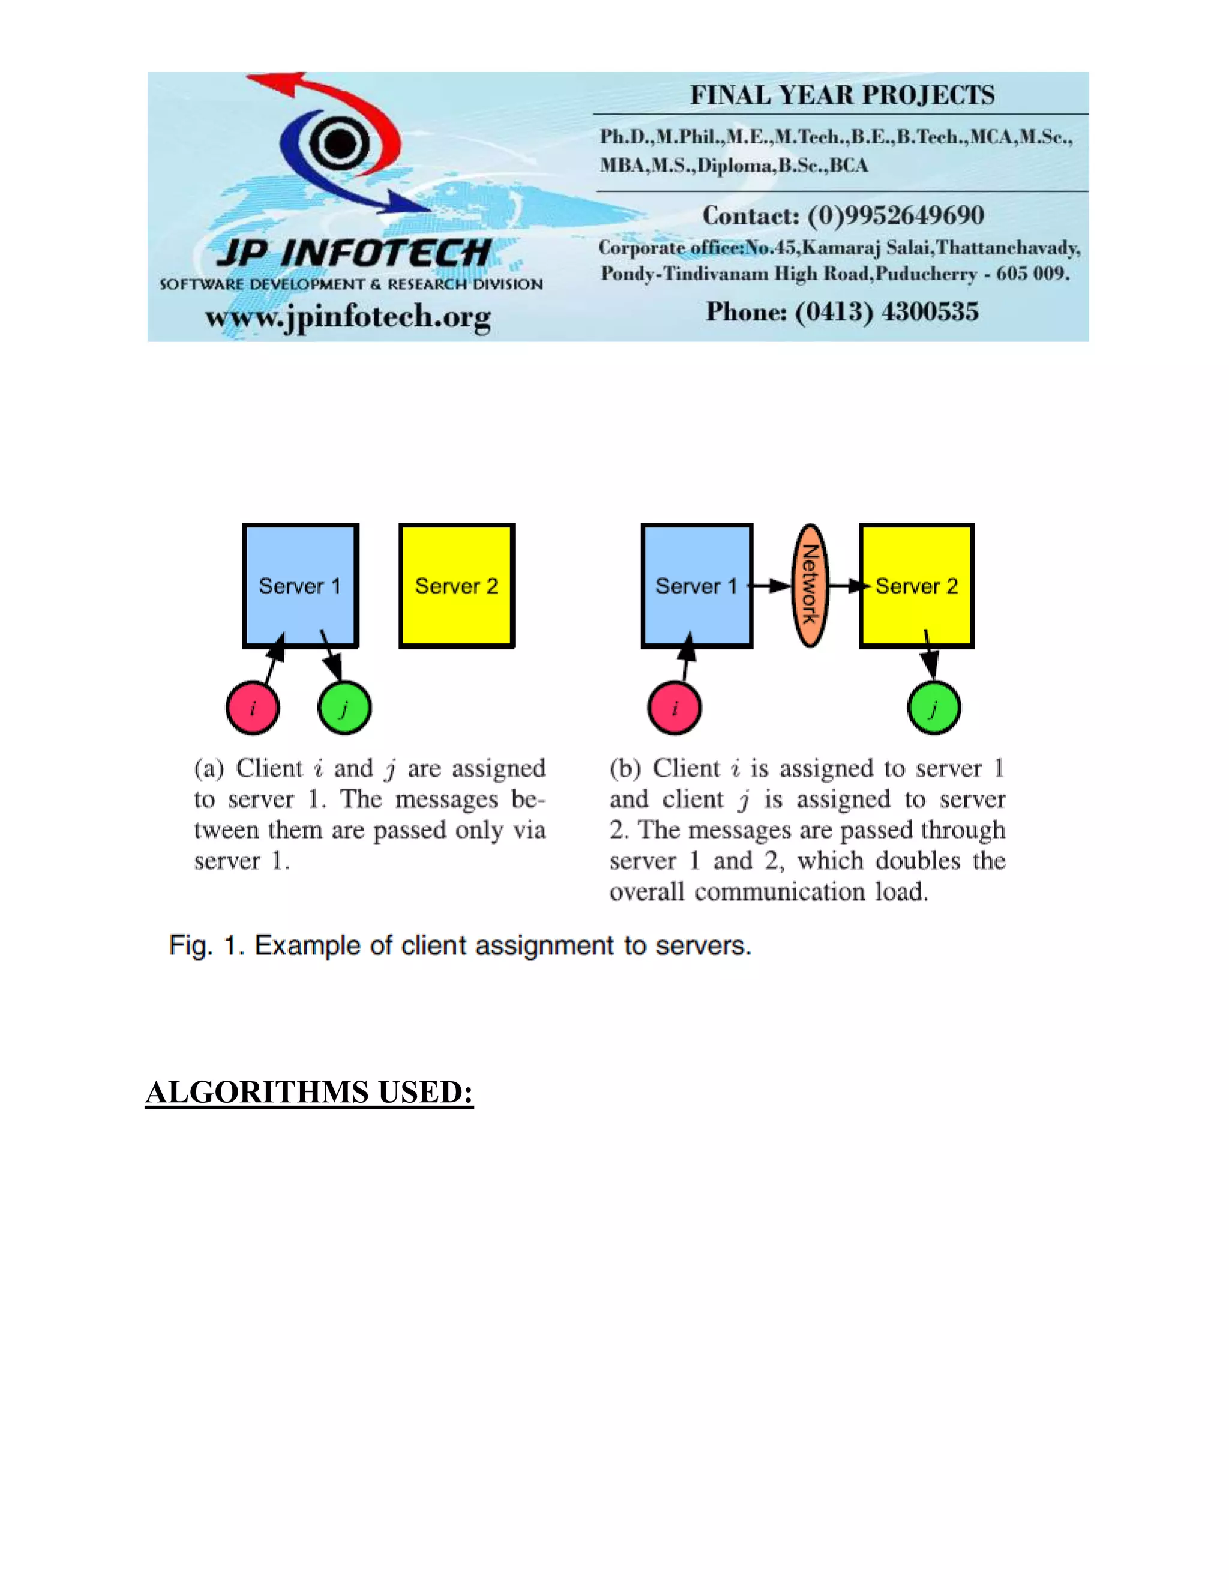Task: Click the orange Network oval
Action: tap(809, 586)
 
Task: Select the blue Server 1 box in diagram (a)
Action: tap(301, 586)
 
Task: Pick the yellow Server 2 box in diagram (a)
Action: tap(457, 586)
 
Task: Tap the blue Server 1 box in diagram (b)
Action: tap(697, 586)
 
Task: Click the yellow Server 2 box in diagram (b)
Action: tap(917, 586)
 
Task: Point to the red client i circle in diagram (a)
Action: tap(253, 707)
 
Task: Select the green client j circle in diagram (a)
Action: tap(345, 707)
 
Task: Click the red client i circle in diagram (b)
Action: tap(674, 707)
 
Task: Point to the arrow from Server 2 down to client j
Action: tap(929, 655)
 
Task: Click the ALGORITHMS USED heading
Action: tap(310, 1092)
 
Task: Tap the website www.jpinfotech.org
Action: tap(348, 317)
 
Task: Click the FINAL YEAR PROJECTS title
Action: tap(842, 95)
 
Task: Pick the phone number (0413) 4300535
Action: tap(886, 311)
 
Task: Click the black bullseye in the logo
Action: tap(339, 143)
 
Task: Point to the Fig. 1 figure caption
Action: tap(460, 945)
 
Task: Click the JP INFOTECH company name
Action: tap(354, 253)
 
